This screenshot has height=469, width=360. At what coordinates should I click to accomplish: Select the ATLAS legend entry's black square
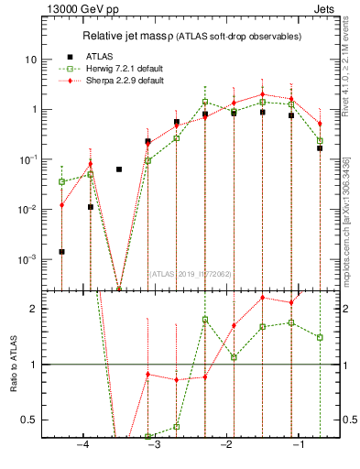[x=62, y=54]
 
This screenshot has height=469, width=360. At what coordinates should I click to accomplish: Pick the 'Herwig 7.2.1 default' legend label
[x=121, y=68]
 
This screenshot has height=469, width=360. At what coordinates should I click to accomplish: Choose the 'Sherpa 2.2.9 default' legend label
[x=121, y=82]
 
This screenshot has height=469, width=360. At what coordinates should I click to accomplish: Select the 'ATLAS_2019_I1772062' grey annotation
[x=191, y=273]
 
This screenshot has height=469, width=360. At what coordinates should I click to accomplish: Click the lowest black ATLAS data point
[x=61, y=251]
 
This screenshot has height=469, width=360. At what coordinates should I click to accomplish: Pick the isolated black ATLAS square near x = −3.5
[x=119, y=169]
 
